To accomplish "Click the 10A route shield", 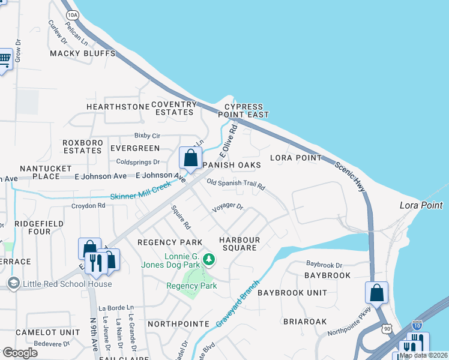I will coord(73,14).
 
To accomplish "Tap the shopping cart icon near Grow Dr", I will coord(5,59).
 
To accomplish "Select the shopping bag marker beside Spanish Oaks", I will coord(190,158).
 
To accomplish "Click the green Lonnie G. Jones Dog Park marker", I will coord(209,259).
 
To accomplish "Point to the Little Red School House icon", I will coord(13,283).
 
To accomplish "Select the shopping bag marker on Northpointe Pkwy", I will coord(376,293).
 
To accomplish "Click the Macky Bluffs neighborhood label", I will coord(82,53).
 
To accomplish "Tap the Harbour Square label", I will coord(240,244).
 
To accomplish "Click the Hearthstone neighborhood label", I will coord(118,107).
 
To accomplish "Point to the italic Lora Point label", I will coord(421,205).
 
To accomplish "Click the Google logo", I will coord(20,353).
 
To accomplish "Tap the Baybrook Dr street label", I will coord(324,264).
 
